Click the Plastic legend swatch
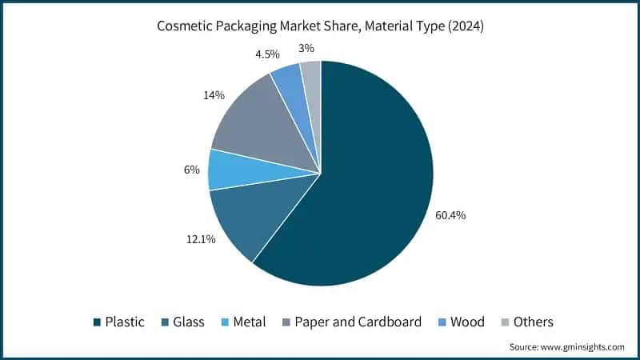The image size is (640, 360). (97, 322)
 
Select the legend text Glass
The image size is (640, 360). (188, 322)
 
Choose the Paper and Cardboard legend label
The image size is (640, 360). (358, 322)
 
